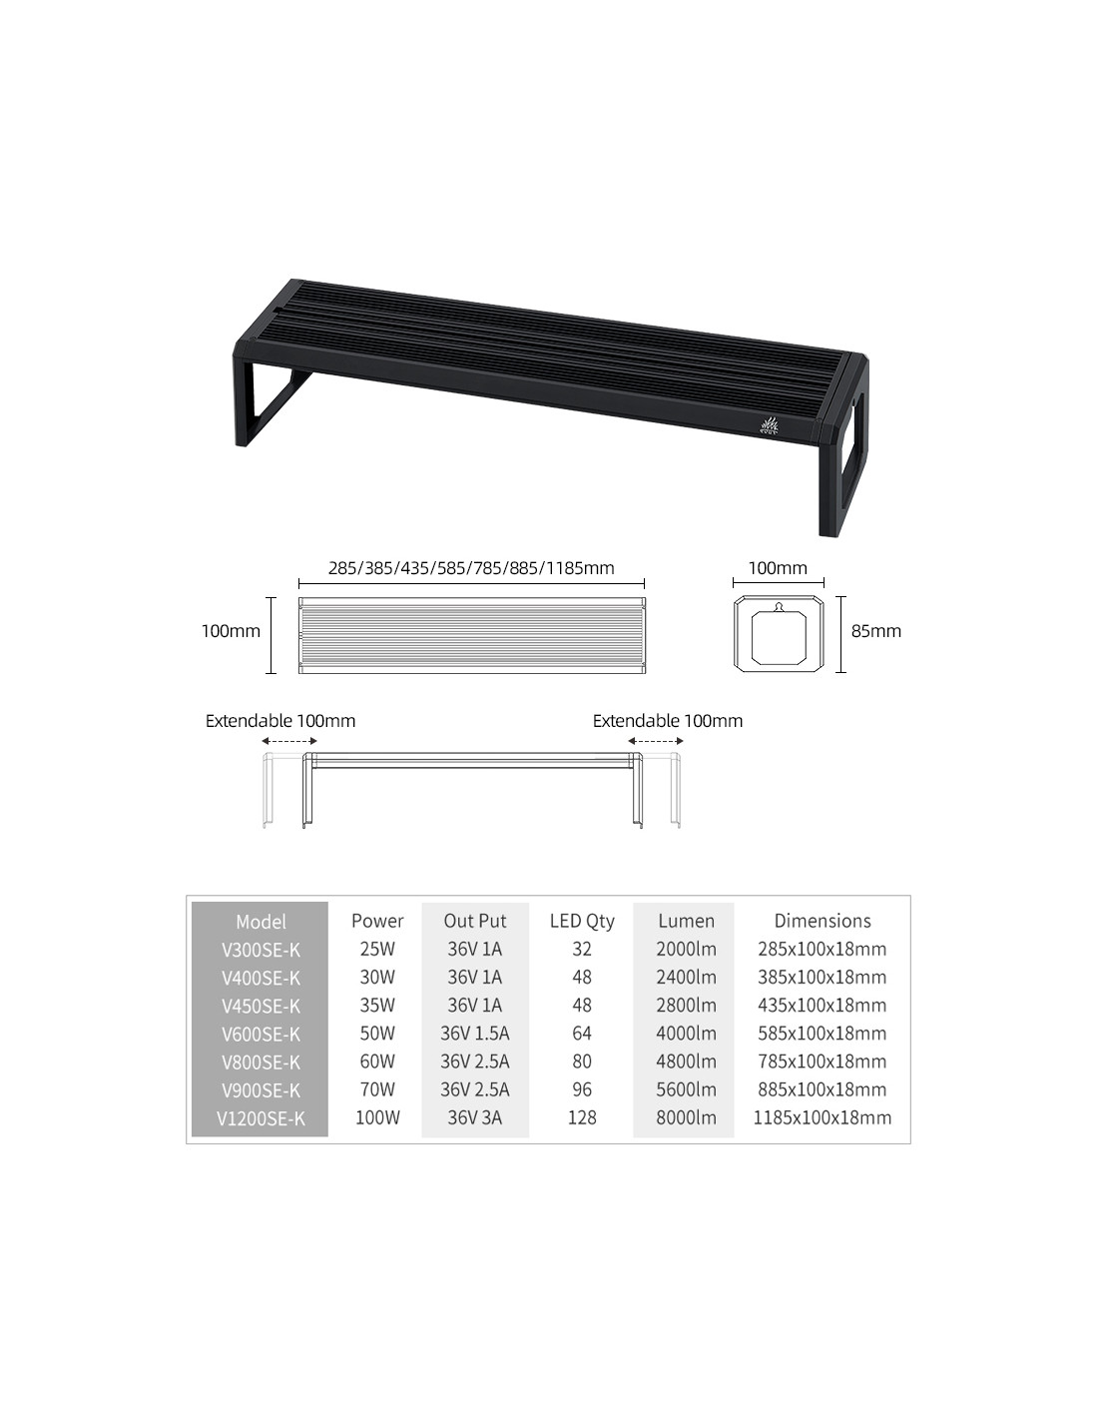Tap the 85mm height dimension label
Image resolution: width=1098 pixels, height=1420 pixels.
click(x=875, y=630)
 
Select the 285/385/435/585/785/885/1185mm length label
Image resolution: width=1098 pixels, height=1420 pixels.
click(x=471, y=568)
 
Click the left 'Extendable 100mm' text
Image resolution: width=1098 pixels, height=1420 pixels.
click(x=280, y=721)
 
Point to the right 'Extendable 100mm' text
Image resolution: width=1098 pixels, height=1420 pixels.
click(x=668, y=721)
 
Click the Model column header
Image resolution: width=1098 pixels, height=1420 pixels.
click(x=261, y=922)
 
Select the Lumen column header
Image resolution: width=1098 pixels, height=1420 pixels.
click(x=686, y=921)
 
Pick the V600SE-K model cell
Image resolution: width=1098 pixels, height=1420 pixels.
click(x=261, y=1035)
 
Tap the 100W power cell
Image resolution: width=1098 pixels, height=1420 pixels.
click(x=377, y=1117)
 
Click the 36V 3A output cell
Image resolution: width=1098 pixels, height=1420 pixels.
click(x=474, y=1117)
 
